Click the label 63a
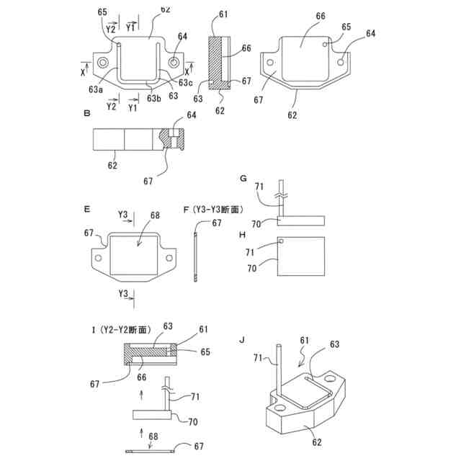pyautogui.click(x=96, y=89)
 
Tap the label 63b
pyautogui.click(x=153, y=97)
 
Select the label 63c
pyautogui.click(x=187, y=83)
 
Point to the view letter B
pyautogui.click(x=86, y=114)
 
